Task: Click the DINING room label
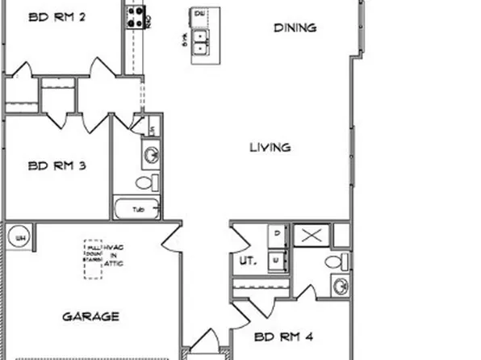295,27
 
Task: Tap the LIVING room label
270,148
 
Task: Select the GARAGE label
91,316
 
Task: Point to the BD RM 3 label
57,166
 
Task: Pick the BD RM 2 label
57,15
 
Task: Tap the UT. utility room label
246,262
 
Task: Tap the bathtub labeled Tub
138,209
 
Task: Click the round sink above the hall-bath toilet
150,153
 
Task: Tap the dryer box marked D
276,234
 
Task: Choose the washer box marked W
276,260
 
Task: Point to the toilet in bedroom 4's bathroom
337,260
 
